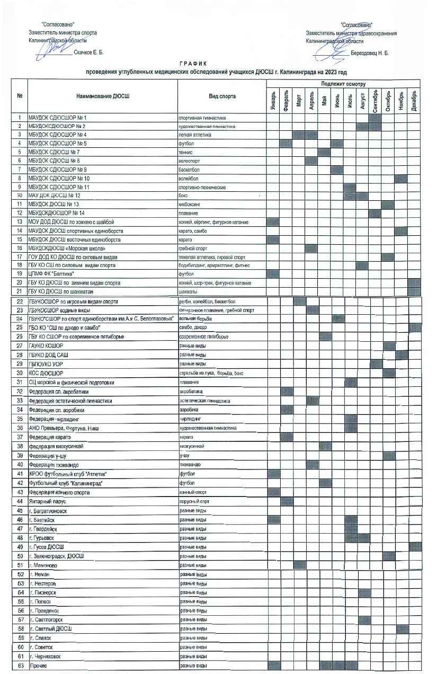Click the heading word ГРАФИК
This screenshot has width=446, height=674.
click(x=184, y=64)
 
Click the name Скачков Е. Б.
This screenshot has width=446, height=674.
click(x=88, y=53)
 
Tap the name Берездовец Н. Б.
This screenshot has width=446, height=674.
click(x=369, y=54)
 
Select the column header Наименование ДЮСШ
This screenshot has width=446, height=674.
click(x=103, y=96)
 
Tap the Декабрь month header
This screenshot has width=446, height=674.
click(x=414, y=100)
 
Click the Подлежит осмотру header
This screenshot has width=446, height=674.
click(x=343, y=84)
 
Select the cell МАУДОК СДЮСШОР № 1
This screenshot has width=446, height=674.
click(x=58, y=117)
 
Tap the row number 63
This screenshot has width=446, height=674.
click(x=20, y=666)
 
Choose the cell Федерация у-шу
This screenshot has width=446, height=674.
click(x=50, y=456)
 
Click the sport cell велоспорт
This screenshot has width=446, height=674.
click(x=190, y=161)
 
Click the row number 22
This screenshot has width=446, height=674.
click(x=20, y=301)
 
